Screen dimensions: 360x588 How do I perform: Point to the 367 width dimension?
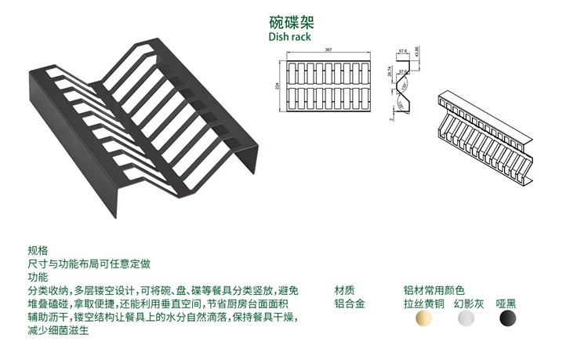tap(329, 50)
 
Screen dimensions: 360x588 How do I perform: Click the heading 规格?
tap(37, 250)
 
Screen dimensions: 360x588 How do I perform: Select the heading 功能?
tap(37, 277)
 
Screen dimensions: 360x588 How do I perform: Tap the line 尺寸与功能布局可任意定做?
tap(89, 264)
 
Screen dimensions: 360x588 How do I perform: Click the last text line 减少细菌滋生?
tap(58, 331)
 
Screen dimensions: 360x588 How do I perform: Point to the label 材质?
tap(344, 289)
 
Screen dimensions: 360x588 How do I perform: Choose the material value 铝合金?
tap(349, 304)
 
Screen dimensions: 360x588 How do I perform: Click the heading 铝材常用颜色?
tap(434, 289)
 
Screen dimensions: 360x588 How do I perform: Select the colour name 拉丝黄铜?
tap(424, 304)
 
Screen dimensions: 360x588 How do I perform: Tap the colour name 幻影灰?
tap(468, 304)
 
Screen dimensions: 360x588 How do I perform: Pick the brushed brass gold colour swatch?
tap(424, 318)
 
